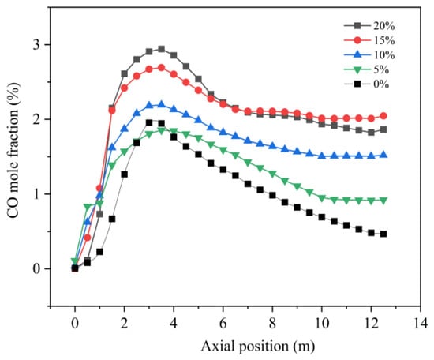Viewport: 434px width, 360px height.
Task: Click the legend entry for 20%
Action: pos(369,26)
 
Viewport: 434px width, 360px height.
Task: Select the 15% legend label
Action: pos(384,40)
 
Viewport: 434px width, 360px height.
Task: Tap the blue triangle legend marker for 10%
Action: pos(357,54)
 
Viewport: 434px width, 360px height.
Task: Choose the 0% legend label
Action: pos(381,84)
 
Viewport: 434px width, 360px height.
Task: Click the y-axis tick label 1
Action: pos(37,194)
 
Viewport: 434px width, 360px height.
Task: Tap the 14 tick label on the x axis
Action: pos(421,323)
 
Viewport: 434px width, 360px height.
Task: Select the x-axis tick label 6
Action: pos(223,323)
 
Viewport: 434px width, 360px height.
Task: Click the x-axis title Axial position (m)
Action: pos(258,347)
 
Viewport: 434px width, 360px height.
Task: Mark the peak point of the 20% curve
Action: pos(161,49)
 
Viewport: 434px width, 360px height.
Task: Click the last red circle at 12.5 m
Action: pos(383,116)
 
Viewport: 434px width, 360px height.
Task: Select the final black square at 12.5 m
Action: pos(383,234)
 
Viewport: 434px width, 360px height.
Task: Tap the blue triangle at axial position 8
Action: pos(272,146)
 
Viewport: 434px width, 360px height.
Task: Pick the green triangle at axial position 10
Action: pos(322,198)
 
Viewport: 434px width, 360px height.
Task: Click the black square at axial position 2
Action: pos(124,174)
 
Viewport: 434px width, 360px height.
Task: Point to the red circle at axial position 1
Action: pos(99,189)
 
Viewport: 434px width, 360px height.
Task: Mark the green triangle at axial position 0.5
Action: pos(87,207)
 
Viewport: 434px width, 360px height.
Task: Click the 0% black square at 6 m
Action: pos(223,169)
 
